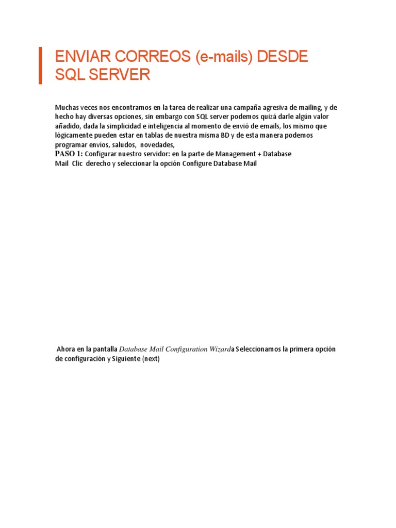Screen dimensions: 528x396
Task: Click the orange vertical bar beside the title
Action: click(40, 65)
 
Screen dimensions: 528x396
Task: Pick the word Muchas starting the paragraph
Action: click(66, 107)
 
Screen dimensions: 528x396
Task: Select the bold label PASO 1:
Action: click(69, 154)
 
